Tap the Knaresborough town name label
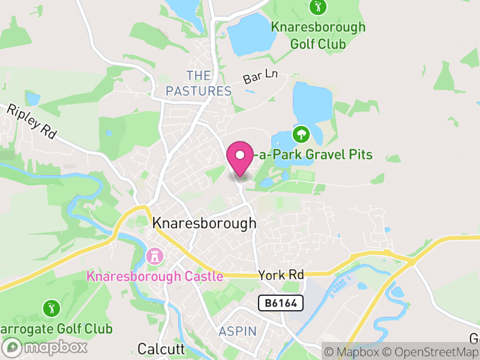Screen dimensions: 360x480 tap(204, 223)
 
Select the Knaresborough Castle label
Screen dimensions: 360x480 tap(155, 277)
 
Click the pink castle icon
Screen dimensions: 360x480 tap(154, 257)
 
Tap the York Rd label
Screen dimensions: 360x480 tap(281, 275)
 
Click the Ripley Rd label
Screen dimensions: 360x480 tap(31, 121)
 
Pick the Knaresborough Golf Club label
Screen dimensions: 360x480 tap(317, 35)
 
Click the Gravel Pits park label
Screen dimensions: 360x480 tap(313, 155)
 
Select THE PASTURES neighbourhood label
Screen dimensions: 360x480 tap(199, 83)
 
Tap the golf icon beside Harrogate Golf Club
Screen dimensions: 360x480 tap(51, 309)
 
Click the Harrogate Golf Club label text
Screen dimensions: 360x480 tap(56, 329)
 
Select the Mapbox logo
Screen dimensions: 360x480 tap(45, 347)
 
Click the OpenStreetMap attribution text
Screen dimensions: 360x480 tap(431, 352)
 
